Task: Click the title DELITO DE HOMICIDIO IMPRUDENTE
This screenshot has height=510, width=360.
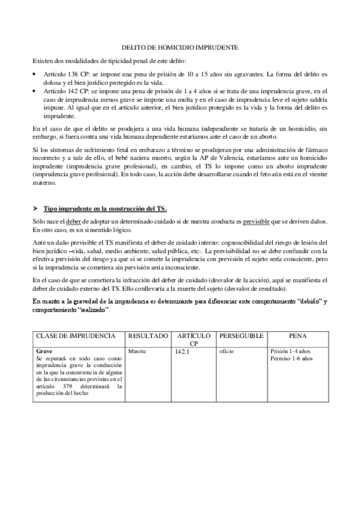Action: (x=180, y=46)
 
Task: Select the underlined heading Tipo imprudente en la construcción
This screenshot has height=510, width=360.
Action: (x=105, y=208)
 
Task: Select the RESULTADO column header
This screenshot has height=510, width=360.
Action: (x=148, y=334)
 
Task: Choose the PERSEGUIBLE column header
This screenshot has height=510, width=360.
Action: (x=241, y=334)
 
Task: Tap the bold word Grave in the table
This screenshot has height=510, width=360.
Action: (x=45, y=350)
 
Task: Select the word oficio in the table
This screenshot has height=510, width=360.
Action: (x=227, y=350)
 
